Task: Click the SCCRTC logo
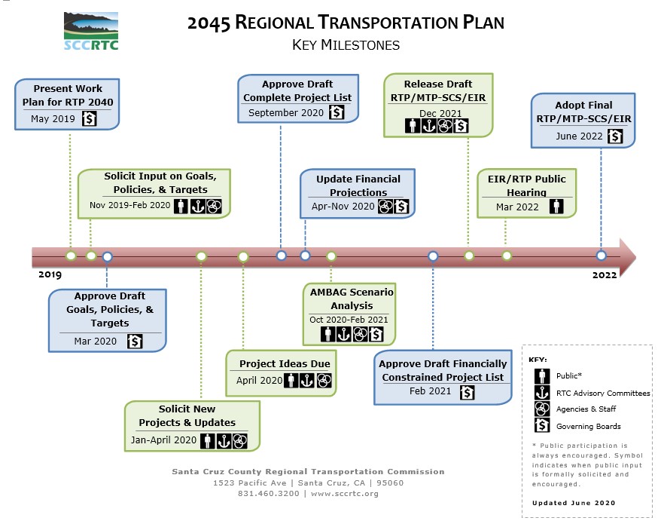(x=91, y=30)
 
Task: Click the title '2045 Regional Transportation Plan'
(x=346, y=22)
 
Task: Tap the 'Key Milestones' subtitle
(x=346, y=45)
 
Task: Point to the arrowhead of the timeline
(x=626, y=256)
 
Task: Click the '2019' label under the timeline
(x=50, y=275)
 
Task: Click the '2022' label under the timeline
(x=604, y=275)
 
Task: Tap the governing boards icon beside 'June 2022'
(x=615, y=136)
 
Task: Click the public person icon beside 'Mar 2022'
(x=556, y=207)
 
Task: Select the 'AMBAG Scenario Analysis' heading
(x=352, y=299)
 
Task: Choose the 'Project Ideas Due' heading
(x=285, y=364)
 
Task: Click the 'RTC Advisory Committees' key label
(x=602, y=393)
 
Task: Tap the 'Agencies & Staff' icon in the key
(x=540, y=409)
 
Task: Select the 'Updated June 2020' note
(x=573, y=503)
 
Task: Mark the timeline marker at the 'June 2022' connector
(x=601, y=256)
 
